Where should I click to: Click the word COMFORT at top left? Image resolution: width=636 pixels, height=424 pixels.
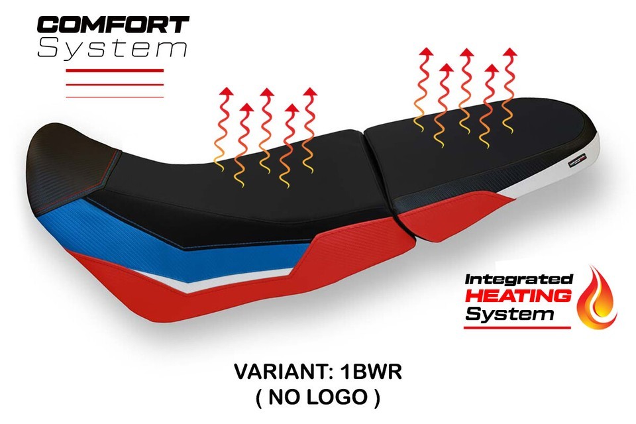pyautogui.click(x=113, y=25)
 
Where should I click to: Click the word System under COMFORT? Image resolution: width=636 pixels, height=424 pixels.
pyautogui.click(x=113, y=48)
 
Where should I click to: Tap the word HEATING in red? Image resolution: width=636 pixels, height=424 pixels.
pyautogui.click(x=518, y=296)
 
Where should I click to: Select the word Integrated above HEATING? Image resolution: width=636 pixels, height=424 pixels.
pyautogui.click(x=518, y=279)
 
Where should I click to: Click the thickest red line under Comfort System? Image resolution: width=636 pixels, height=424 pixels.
pyautogui.click(x=115, y=71)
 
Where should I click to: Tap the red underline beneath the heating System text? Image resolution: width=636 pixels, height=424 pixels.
pyautogui.click(x=517, y=327)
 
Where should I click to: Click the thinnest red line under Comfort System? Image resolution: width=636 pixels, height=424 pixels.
pyautogui.click(x=115, y=97)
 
